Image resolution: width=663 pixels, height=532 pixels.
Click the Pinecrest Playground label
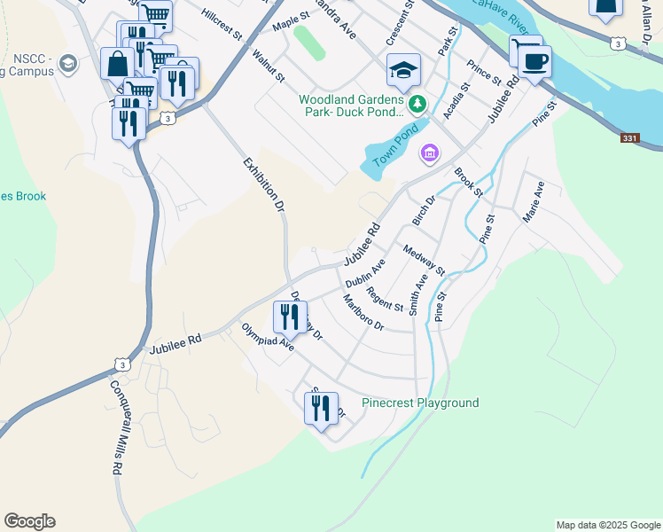tap(420, 403)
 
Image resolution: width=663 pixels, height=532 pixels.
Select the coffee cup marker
tap(535, 63)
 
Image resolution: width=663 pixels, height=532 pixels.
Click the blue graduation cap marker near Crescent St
tap(403, 70)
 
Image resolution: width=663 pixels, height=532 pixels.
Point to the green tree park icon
tap(417, 105)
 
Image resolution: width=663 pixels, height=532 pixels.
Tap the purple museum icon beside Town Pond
tap(430, 154)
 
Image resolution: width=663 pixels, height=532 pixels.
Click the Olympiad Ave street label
tap(267, 337)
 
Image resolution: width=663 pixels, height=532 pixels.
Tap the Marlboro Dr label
tap(363, 313)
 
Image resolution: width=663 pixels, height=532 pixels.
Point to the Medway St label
tap(423, 261)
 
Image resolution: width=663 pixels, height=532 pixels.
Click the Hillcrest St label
tap(222, 25)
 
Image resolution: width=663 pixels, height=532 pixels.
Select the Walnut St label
tap(268, 66)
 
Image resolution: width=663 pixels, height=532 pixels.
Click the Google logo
tap(29, 521)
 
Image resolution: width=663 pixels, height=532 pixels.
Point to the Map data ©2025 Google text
tap(607, 525)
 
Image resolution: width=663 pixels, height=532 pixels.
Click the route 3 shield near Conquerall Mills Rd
tap(121, 364)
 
